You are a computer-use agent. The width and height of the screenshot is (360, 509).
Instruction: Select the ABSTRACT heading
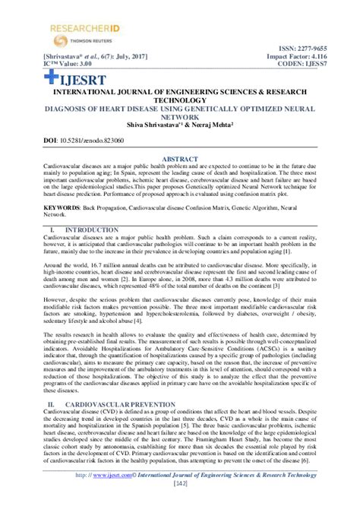tap(180, 160)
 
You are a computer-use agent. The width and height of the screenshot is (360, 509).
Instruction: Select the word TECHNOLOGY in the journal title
tap(180, 99)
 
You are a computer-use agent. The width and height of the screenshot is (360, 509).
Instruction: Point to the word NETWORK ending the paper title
tap(180, 118)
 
